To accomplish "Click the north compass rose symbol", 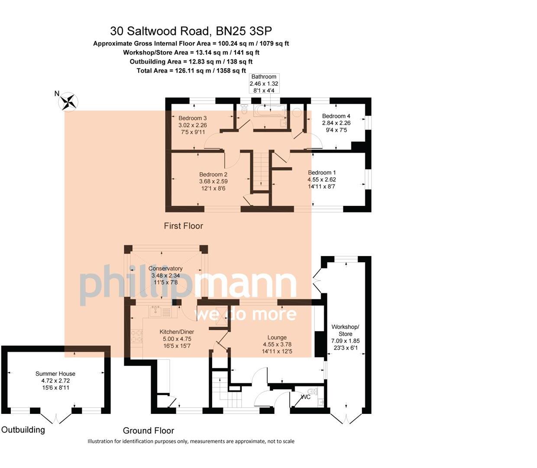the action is (68, 102).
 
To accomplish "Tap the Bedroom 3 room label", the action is (192, 118).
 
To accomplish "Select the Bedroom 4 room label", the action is (336, 116).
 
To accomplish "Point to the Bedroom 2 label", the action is (214, 175).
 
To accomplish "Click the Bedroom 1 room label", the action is (322, 172).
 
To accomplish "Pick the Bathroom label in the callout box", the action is (264, 77).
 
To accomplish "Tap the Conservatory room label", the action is (165, 269).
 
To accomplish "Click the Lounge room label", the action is (277, 338).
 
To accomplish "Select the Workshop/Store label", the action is (345, 330).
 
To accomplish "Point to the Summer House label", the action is (55, 374).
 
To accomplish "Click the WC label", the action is (306, 396).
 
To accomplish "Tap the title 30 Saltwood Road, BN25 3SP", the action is (191, 31).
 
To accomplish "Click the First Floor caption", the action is (183, 226).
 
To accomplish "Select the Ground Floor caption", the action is (148, 430).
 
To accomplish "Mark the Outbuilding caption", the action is (23, 429).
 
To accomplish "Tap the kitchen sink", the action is (155, 310).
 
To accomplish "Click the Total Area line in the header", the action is (191, 71).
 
